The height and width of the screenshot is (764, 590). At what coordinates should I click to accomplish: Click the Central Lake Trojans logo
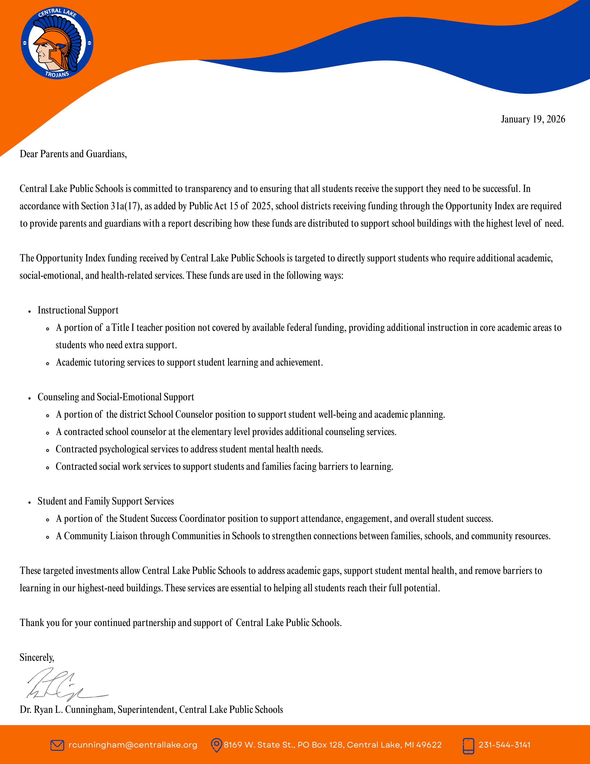[x=57, y=43]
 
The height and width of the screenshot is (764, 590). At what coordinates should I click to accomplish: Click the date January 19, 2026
[x=533, y=119]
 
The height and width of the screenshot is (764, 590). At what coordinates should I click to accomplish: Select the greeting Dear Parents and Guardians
[x=73, y=154]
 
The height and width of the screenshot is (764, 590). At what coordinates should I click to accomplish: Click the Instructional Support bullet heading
[x=78, y=310]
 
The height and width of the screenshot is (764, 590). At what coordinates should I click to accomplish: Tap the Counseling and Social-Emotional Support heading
[x=116, y=397]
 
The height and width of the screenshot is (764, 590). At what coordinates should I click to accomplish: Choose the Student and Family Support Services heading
[x=106, y=501]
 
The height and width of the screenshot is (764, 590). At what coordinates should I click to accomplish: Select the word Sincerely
[x=37, y=658]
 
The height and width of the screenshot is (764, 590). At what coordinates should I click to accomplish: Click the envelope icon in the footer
[x=57, y=745]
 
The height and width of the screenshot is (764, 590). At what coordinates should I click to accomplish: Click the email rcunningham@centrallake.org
[x=133, y=745]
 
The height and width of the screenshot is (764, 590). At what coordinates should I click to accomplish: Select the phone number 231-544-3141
[x=504, y=745]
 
